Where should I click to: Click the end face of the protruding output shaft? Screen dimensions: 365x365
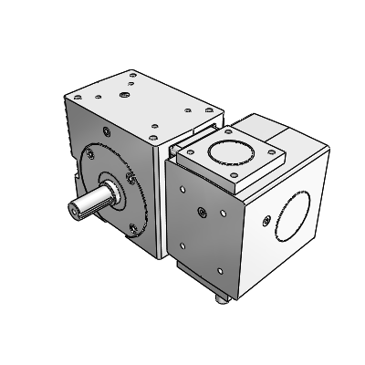[73, 206]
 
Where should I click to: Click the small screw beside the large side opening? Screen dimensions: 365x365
[265, 221]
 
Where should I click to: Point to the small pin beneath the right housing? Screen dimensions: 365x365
[220, 297]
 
